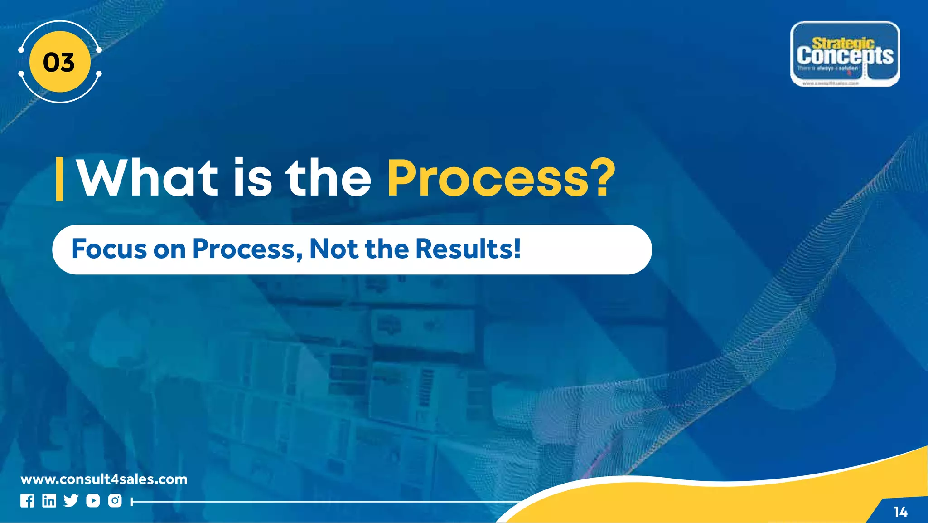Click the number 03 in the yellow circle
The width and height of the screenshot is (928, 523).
point(59,62)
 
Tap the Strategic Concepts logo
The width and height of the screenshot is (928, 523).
point(845,54)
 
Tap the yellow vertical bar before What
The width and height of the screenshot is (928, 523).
point(59,179)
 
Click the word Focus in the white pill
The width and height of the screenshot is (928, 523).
point(109,249)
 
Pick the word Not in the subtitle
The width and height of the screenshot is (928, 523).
point(334,249)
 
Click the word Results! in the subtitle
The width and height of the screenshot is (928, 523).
point(468,249)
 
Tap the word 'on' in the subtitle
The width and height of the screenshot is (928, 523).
point(169,250)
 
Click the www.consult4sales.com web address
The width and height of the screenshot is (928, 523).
point(104,479)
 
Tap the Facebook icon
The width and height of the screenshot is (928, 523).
point(27,501)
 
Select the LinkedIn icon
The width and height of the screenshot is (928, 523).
point(49,501)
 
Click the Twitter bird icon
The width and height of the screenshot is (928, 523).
point(71,501)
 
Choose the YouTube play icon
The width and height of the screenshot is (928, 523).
point(93,501)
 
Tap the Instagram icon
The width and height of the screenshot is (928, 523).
point(115,501)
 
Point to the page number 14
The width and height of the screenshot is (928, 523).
point(900,512)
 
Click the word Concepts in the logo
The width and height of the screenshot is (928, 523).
point(845,56)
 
